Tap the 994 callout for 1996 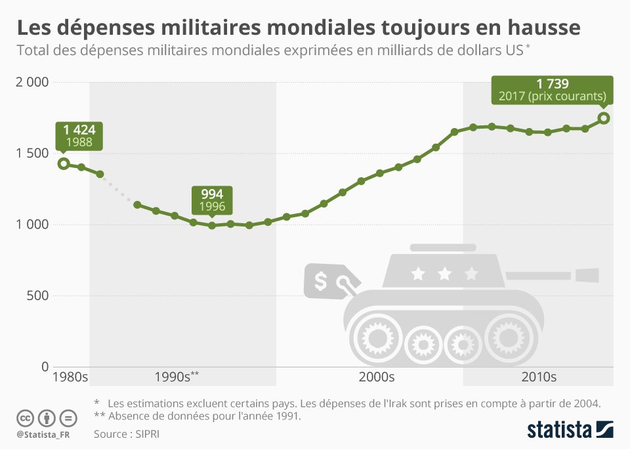pos(212,200)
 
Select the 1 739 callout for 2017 pos(552,90)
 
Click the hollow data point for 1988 pos(63,163)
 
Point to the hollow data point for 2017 pos(604,118)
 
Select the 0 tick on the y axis pos(45,366)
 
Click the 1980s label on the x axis pos(70,377)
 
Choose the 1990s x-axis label pos(173,377)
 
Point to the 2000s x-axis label pos(377,377)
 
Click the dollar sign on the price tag pos(321,282)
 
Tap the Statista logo pos(570,430)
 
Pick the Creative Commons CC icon pos(25,417)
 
